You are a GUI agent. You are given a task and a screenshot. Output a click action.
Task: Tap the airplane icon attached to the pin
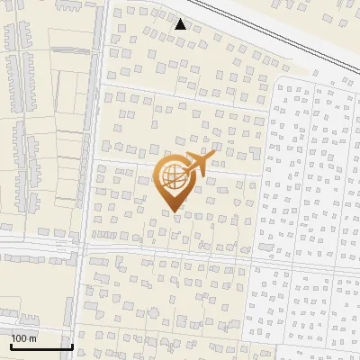tap(199, 164)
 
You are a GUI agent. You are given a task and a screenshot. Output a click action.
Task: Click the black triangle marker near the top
tap(181, 24)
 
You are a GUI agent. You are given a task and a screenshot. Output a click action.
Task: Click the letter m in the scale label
tap(32, 338)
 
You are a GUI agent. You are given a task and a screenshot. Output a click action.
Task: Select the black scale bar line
tap(40, 346)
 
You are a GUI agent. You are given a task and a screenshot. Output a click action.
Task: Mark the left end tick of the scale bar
tap(11, 345)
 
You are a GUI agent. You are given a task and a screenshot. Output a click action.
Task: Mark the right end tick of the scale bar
tap(71, 345)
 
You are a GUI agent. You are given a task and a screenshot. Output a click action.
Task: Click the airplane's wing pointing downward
tap(202, 173)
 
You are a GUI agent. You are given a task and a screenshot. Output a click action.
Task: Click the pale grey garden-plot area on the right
tap(306, 180)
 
